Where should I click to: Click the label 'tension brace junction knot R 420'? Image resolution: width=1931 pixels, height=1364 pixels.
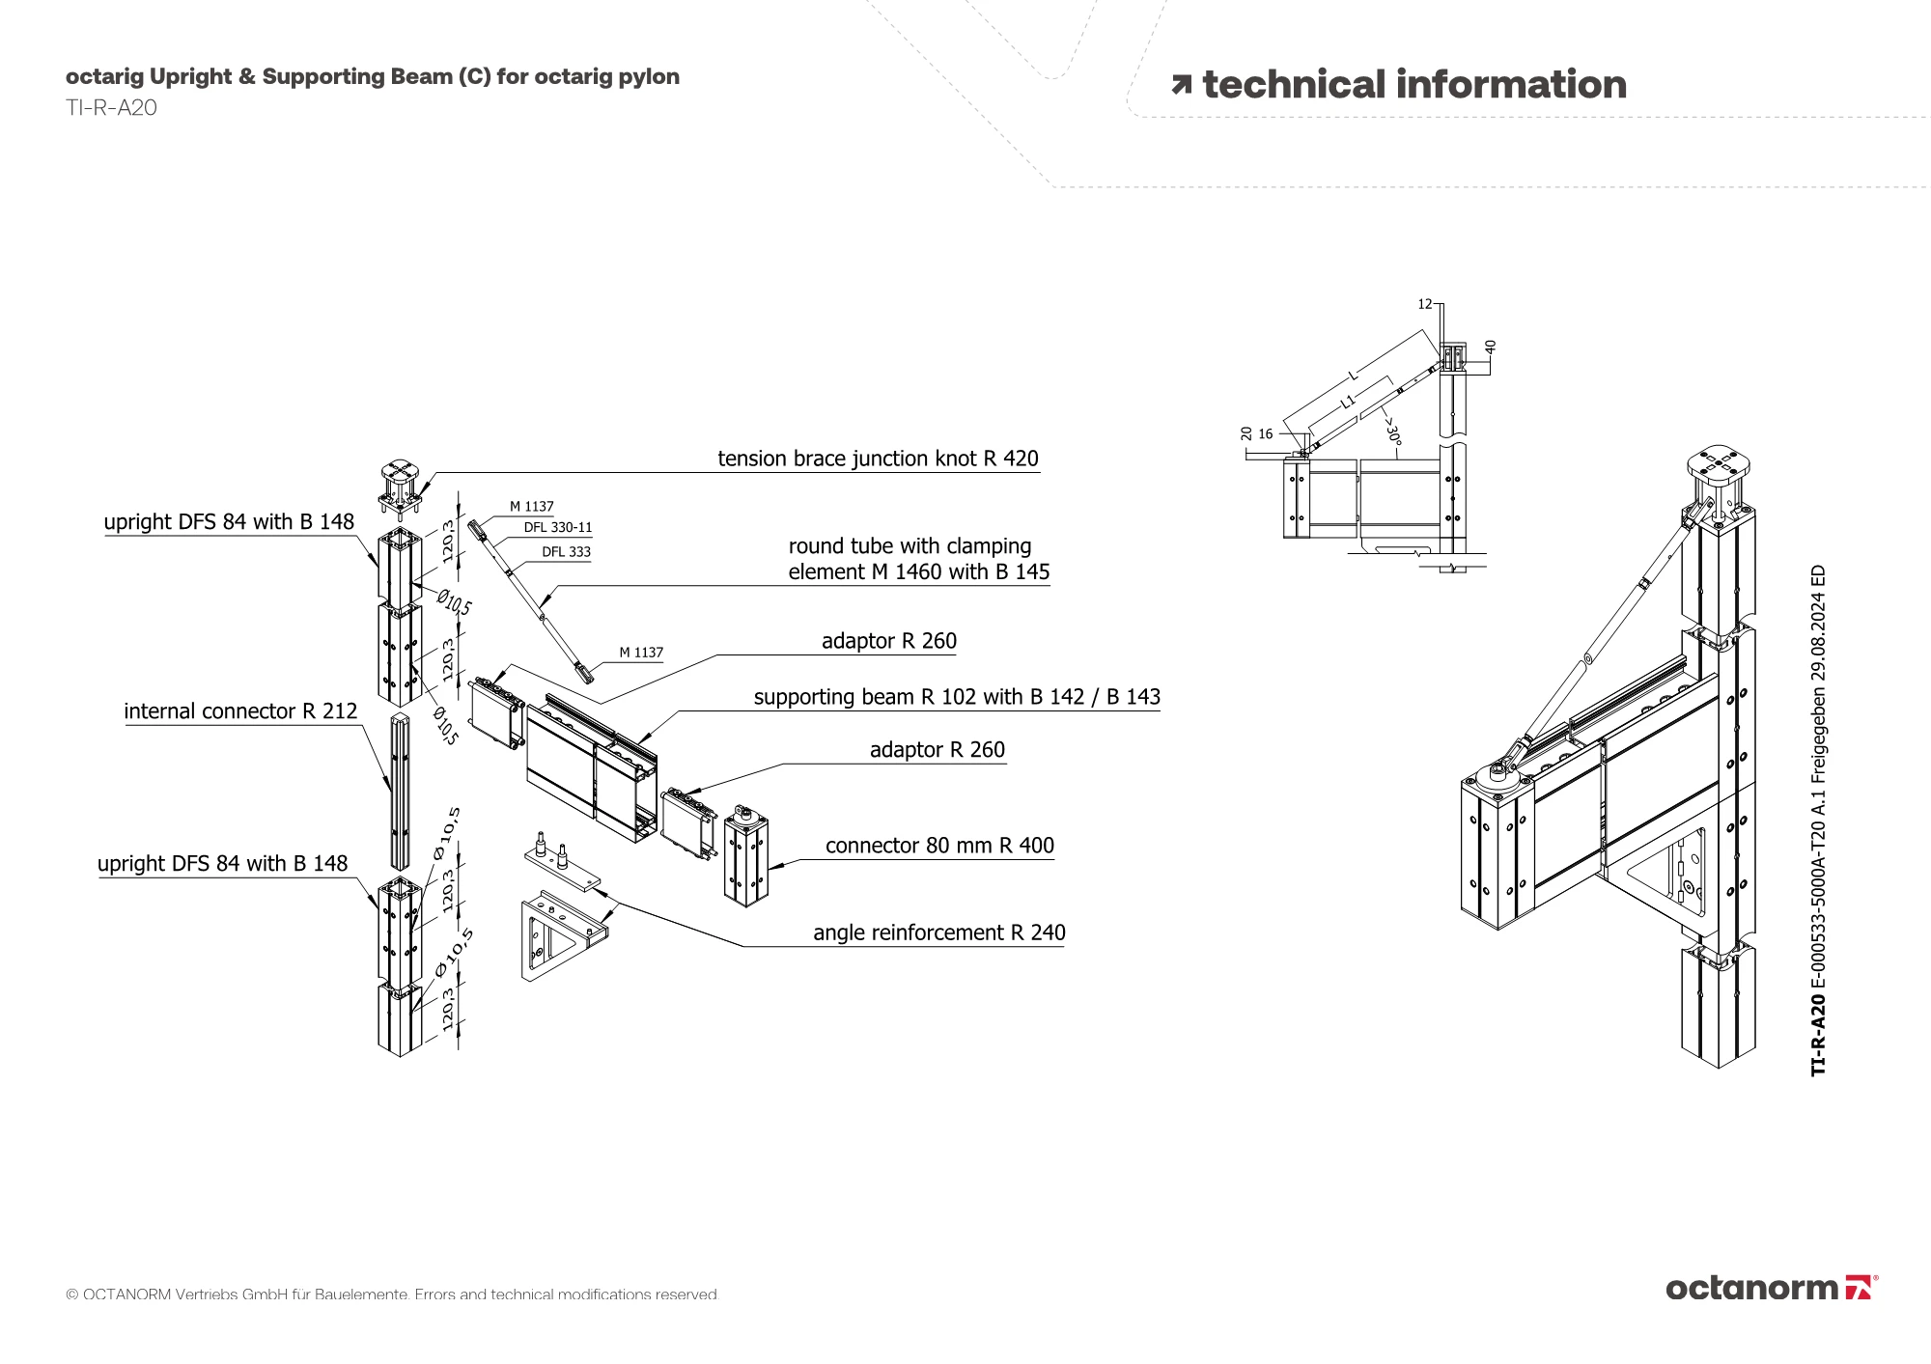[x=878, y=459]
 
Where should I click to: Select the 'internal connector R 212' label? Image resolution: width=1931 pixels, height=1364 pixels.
[x=240, y=711]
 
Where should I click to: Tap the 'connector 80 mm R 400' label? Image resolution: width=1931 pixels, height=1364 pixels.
[x=939, y=846]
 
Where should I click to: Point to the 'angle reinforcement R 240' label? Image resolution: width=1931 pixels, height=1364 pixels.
[x=938, y=933]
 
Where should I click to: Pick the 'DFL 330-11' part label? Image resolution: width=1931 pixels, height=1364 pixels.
[x=557, y=528]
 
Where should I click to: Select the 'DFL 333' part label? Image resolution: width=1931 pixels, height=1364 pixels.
[x=566, y=552]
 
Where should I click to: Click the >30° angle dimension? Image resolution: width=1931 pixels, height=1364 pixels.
[x=1391, y=429]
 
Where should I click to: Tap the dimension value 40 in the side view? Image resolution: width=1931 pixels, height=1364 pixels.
[x=1490, y=346]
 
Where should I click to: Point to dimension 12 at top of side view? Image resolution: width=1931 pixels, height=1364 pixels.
[x=1425, y=304]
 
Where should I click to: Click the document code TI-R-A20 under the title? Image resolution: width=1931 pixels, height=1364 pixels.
[x=111, y=108]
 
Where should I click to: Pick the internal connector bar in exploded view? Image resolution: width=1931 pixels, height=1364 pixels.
[x=399, y=792]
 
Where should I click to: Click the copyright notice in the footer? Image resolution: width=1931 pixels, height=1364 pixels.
[x=392, y=1294]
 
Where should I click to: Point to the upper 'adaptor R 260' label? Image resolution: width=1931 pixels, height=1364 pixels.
[x=888, y=641]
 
